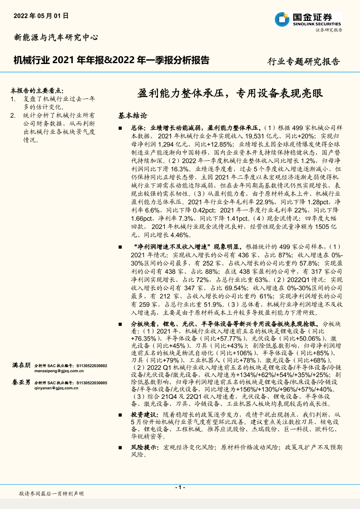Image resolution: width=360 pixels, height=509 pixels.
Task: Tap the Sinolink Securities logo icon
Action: (281, 19)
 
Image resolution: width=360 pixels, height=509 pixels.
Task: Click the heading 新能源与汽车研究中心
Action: (56, 37)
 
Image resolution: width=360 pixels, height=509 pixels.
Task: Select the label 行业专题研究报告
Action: (303, 61)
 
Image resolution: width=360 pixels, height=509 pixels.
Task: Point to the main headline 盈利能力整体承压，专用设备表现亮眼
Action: (231, 94)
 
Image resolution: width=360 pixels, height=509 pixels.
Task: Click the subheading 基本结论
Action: (133, 116)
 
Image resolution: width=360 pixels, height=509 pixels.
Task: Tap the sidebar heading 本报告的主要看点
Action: (37, 91)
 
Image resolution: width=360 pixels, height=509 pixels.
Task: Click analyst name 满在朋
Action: (21, 365)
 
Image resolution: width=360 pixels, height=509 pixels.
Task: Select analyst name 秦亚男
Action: (21, 382)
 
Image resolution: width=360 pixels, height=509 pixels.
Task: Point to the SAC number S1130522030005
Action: (91, 383)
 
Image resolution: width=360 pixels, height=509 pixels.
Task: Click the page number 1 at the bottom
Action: (180, 487)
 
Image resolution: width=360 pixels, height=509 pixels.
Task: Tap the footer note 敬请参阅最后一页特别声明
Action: (51, 493)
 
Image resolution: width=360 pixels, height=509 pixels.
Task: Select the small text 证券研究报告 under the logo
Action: (329, 30)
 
